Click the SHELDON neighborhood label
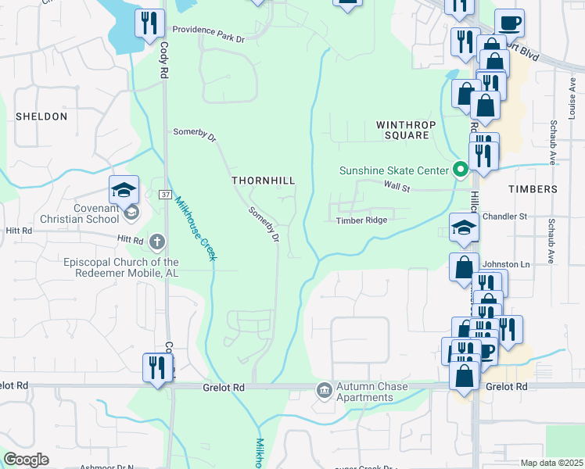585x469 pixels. pyautogui.click(x=41, y=116)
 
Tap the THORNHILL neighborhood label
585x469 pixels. pyautogui.click(x=263, y=181)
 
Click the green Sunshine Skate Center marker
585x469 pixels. pyautogui.click(x=461, y=170)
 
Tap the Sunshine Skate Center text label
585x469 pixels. pyautogui.click(x=393, y=170)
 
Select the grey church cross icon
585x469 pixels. pyautogui.click(x=156, y=242)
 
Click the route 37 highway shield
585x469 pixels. pyautogui.click(x=165, y=193)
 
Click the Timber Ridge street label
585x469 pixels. pyautogui.click(x=361, y=220)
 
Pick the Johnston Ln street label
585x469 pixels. pyautogui.click(x=506, y=264)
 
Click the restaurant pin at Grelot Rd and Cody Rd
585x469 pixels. pyautogui.click(x=156, y=367)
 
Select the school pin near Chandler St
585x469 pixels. pyautogui.click(x=464, y=228)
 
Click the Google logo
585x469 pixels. pyautogui.click(x=26, y=459)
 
